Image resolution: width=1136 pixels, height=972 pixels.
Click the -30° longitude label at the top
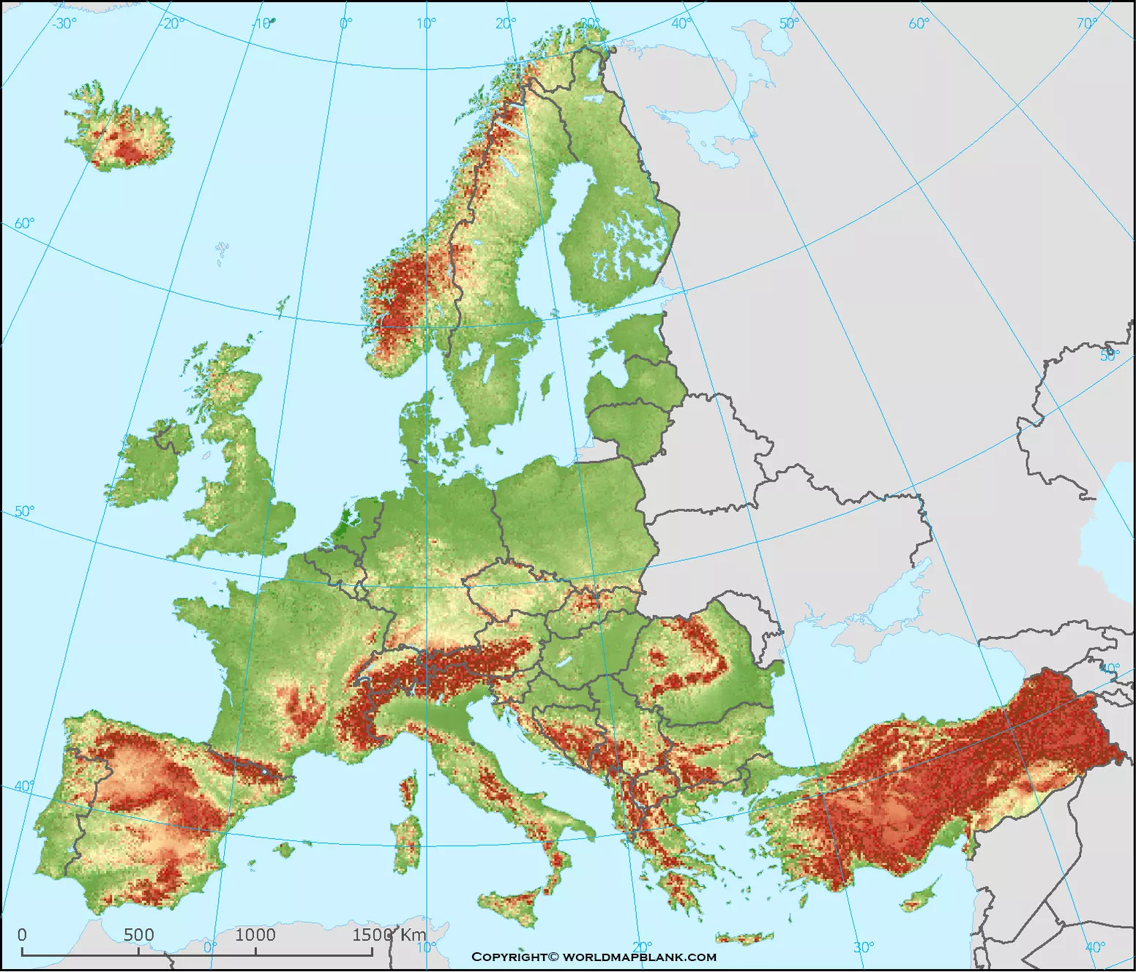[64, 23]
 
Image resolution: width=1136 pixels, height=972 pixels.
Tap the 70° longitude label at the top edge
[1087, 23]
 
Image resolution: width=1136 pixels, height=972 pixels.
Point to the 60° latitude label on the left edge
[24, 223]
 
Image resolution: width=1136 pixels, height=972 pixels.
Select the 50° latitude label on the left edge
[24, 511]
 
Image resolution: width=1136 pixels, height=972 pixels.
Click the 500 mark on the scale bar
[138, 935]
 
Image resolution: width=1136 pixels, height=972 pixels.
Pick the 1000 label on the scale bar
[255, 935]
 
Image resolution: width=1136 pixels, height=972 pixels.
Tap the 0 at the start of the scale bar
[22, 935]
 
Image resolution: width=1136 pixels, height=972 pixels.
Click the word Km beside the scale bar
[413, 935]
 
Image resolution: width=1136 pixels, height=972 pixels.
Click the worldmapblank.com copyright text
[594, 957]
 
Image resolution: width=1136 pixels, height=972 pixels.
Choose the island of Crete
[744, 938]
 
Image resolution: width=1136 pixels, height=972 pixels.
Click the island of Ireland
[146, 468]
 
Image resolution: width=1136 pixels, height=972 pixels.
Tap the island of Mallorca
[285, 849]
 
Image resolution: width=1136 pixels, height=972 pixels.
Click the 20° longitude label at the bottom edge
[641, 946]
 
